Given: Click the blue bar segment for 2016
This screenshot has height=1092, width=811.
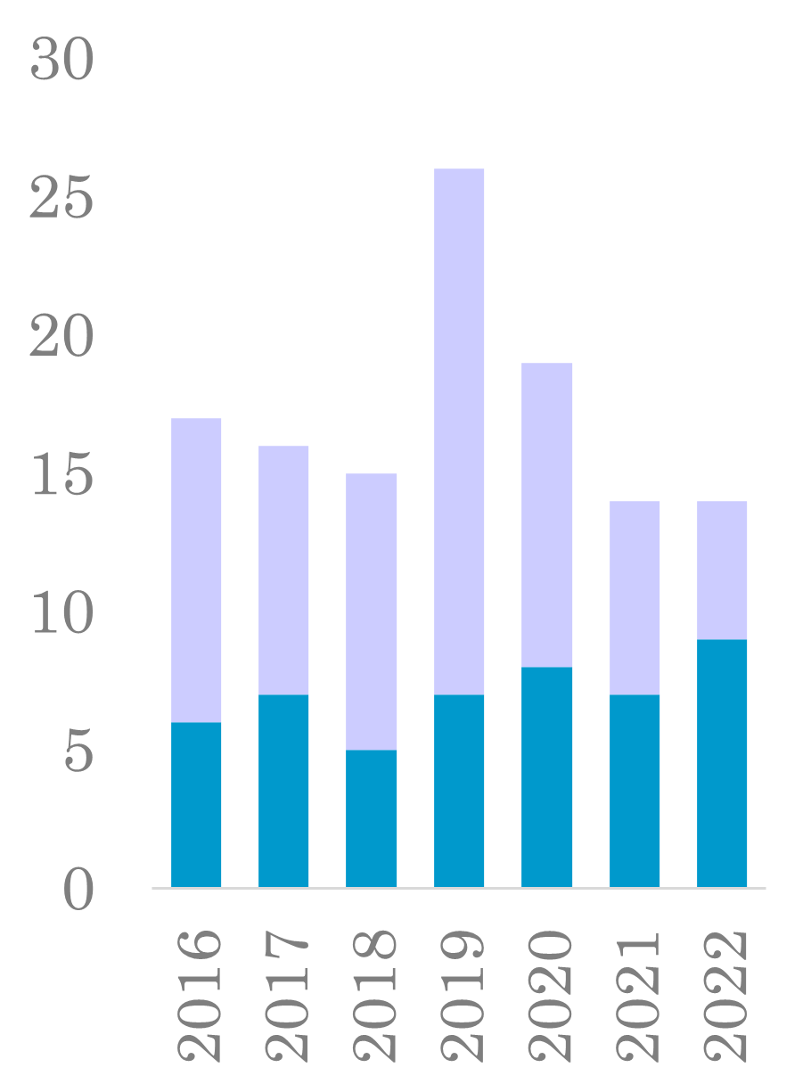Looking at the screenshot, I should click(196, 804).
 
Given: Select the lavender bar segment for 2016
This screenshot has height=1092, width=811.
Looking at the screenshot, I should click(196, 570).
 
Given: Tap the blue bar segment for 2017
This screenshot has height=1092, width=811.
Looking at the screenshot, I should click(283, 791).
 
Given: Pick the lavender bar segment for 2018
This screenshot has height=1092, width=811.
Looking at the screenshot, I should click(371, 611).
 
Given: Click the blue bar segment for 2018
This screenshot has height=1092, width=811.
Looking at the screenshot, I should click(371, 818).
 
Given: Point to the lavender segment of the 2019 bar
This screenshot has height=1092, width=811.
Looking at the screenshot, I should click(459, 431).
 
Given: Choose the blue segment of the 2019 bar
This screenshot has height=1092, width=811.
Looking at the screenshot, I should click(459, 791).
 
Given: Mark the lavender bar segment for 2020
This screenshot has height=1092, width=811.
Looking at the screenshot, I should click(546, 514).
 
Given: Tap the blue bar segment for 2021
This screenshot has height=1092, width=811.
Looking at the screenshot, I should click(635, 791).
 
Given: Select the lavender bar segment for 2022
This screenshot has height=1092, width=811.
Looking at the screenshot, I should click(722, 570).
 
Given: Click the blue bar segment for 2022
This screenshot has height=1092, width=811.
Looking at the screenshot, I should click(722, 763).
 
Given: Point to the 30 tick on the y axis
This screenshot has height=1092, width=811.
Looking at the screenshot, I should click(61, 62).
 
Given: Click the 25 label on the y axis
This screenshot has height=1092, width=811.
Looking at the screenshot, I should click(61, 200).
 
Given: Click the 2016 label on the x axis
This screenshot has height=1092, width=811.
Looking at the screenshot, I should click(199, 996).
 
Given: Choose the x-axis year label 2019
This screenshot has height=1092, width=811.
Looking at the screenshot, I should click(462, 996).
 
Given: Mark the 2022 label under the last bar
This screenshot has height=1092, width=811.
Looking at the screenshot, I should click(725, 996).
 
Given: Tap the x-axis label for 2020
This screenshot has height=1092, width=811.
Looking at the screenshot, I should click(549, 996).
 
